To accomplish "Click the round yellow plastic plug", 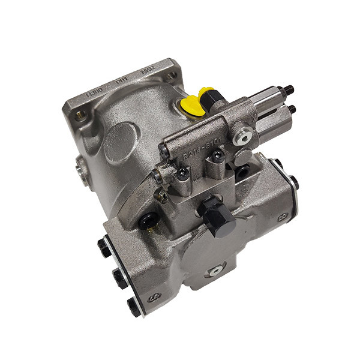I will pyautogui.click(x=191, y=105).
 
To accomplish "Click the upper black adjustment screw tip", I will pyautogui.click(x=290, y=91).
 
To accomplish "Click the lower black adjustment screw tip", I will pyautogui.click(x=292, y=109).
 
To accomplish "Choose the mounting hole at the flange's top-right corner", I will pyautogui.click(x=173, y=75).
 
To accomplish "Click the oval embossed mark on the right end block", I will pyautogui.click(x=283, y=215).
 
